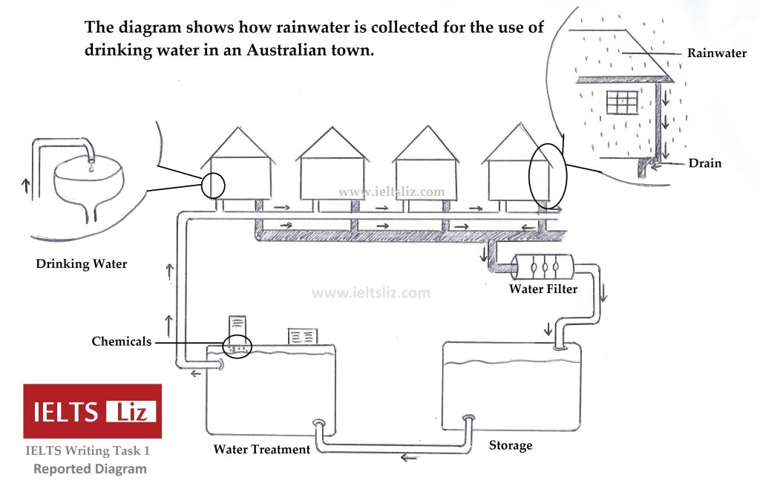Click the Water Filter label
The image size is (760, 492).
click(x=543, y=289)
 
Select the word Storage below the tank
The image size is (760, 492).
click(x=511, y=445)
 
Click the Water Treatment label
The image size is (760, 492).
click(x=261, y=449)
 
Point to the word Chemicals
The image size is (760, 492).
click(x=121, y=342)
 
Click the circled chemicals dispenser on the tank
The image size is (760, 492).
click(x=237, y=347)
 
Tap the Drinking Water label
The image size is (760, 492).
click(x=82, y=263)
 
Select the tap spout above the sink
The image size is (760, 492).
click(x=90, y=153)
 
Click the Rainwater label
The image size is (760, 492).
click(x=716, y=53)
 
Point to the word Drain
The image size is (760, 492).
click(x=704, y=163)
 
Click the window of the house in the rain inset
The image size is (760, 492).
click(x=622, y=102)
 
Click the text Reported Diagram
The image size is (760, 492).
click(x=90, y=469)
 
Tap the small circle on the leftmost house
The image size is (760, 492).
click(x=212, y=185)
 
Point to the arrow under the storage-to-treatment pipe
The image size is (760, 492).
click(x=409, y=458)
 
